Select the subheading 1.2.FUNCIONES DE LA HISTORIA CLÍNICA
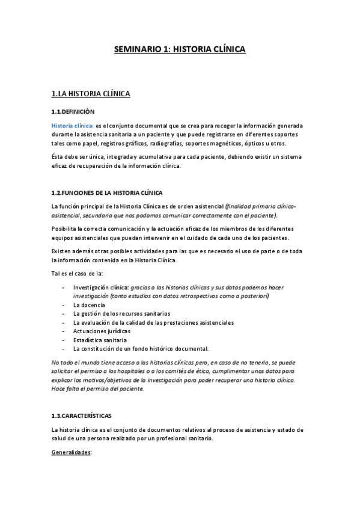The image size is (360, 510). point(107,192)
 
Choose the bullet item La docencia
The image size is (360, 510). point(89,305)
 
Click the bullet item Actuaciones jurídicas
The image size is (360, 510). point(101,331)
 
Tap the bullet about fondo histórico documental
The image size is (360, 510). point(141,349)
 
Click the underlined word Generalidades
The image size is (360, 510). point(71,452)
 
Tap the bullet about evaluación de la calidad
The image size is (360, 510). point(153,322)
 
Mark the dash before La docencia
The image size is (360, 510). point(64,305)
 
